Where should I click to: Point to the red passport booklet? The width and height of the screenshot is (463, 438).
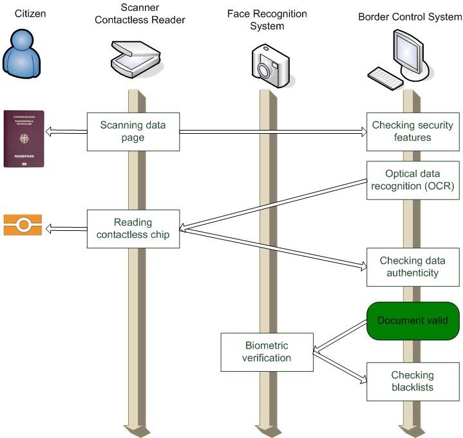(24, 138)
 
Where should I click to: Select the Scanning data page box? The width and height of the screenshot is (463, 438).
(133, 131)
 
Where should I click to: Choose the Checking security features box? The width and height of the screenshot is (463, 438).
(412, 131)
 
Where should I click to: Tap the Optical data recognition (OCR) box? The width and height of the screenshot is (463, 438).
(412, 180)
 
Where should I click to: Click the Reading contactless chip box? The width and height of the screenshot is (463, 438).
(133, 228)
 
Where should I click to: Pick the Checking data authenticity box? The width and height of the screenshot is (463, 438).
(412, 267)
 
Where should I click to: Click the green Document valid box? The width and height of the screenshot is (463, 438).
(412, 320)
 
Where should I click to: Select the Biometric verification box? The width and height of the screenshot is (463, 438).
(267, 352)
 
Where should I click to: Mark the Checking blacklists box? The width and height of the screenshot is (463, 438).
(412, 381)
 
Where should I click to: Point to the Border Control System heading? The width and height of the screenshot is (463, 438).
(410, 16)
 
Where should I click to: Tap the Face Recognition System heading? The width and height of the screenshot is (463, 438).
(267, 20)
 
